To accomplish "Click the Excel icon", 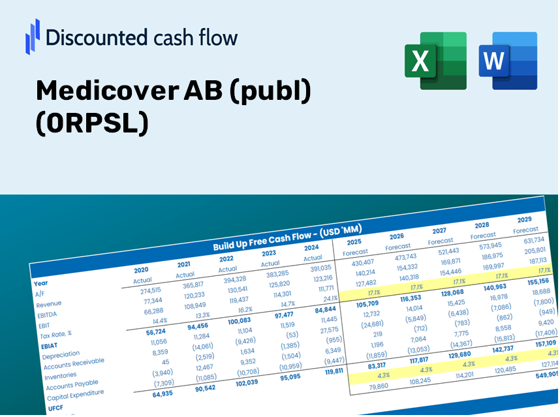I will pos(435,60).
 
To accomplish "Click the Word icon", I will pos(508,60).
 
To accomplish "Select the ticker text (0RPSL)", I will pos(91,123).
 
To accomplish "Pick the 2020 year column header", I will pos(141,270).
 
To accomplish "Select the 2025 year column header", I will pos(354,241).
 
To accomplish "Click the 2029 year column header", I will pos(524,219).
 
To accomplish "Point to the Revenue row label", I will pos(48,304).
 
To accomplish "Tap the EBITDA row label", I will pos(47,315).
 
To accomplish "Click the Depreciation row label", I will pos(60,354).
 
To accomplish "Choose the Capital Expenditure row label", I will pos(75,395).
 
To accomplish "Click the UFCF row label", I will pos(55,408).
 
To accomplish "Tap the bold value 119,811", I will pos(329,371).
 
